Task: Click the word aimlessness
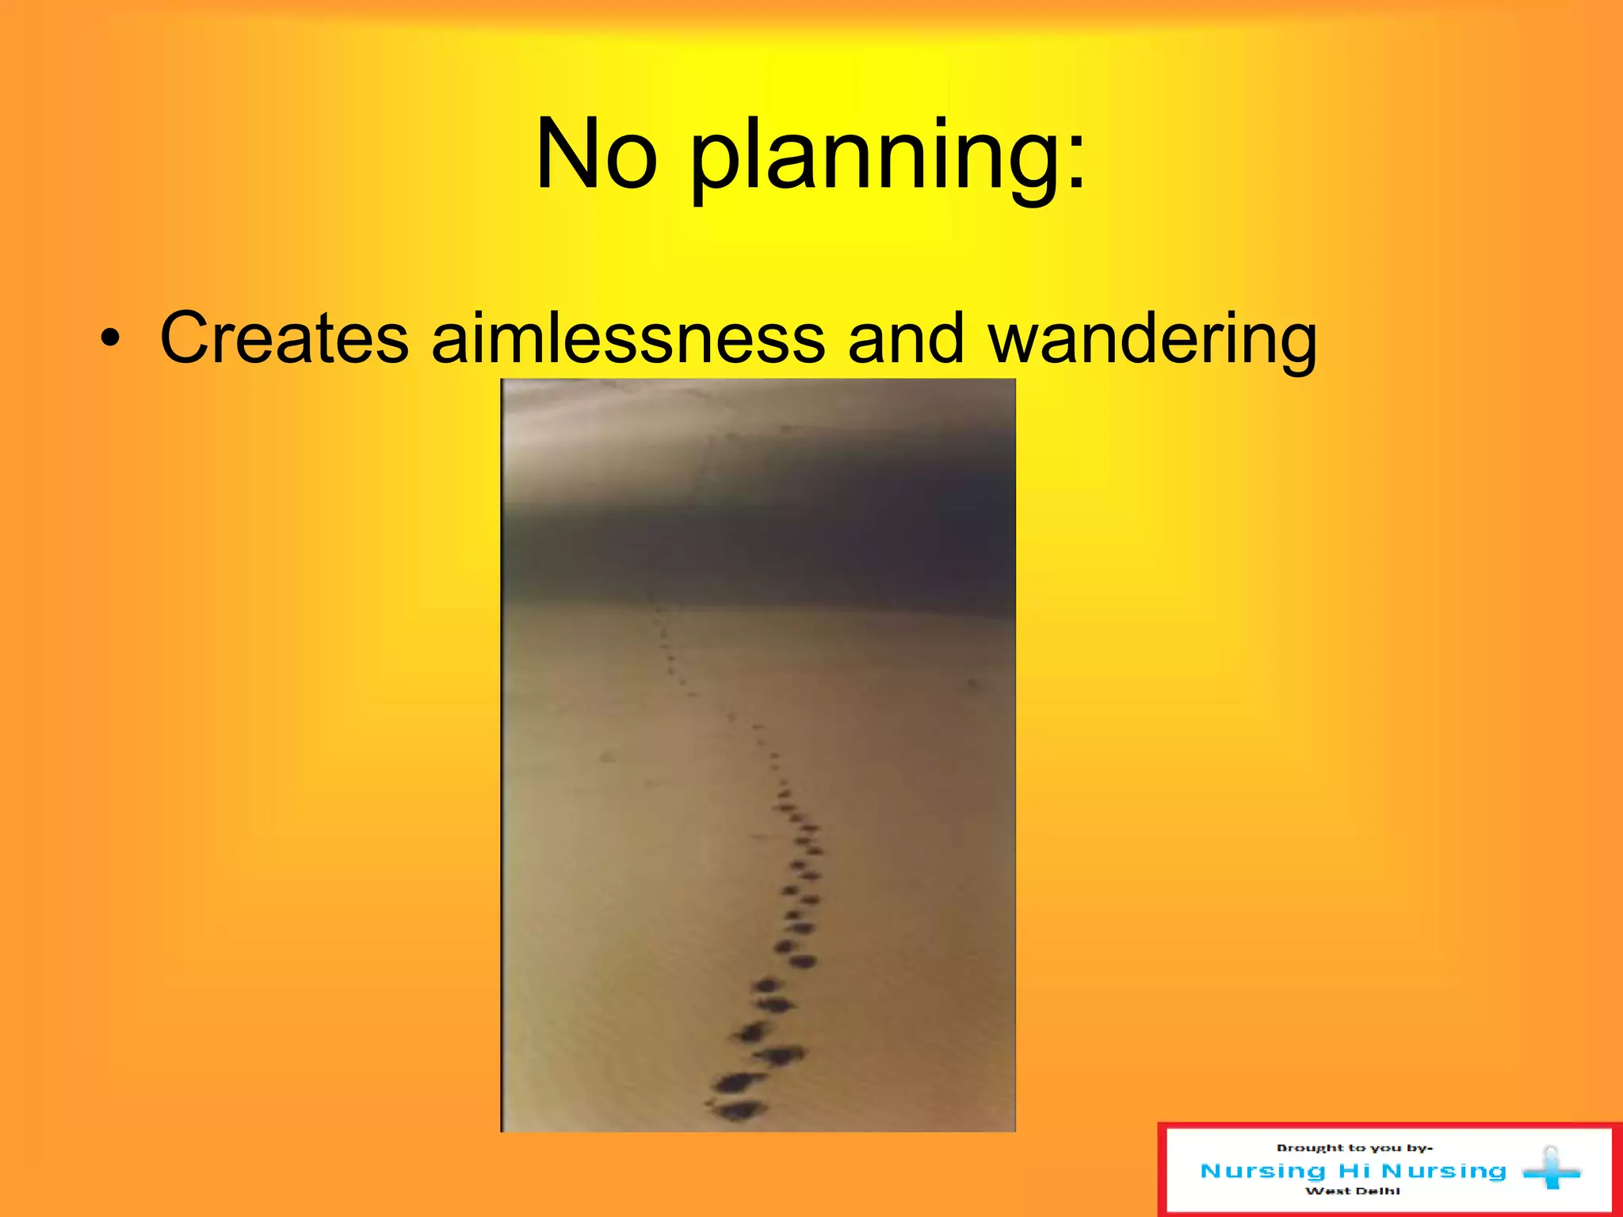coord(628,338)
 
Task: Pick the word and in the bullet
coord(906,338)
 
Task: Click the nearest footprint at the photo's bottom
coord(739,1109)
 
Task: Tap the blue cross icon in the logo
coord(1551,1169)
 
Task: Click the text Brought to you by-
coord(1354,1148)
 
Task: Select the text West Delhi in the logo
coord(1352,1191)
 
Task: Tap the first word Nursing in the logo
coord(1263,1171)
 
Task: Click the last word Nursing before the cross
coord(1444,1171)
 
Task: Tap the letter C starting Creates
coord(183,338)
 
